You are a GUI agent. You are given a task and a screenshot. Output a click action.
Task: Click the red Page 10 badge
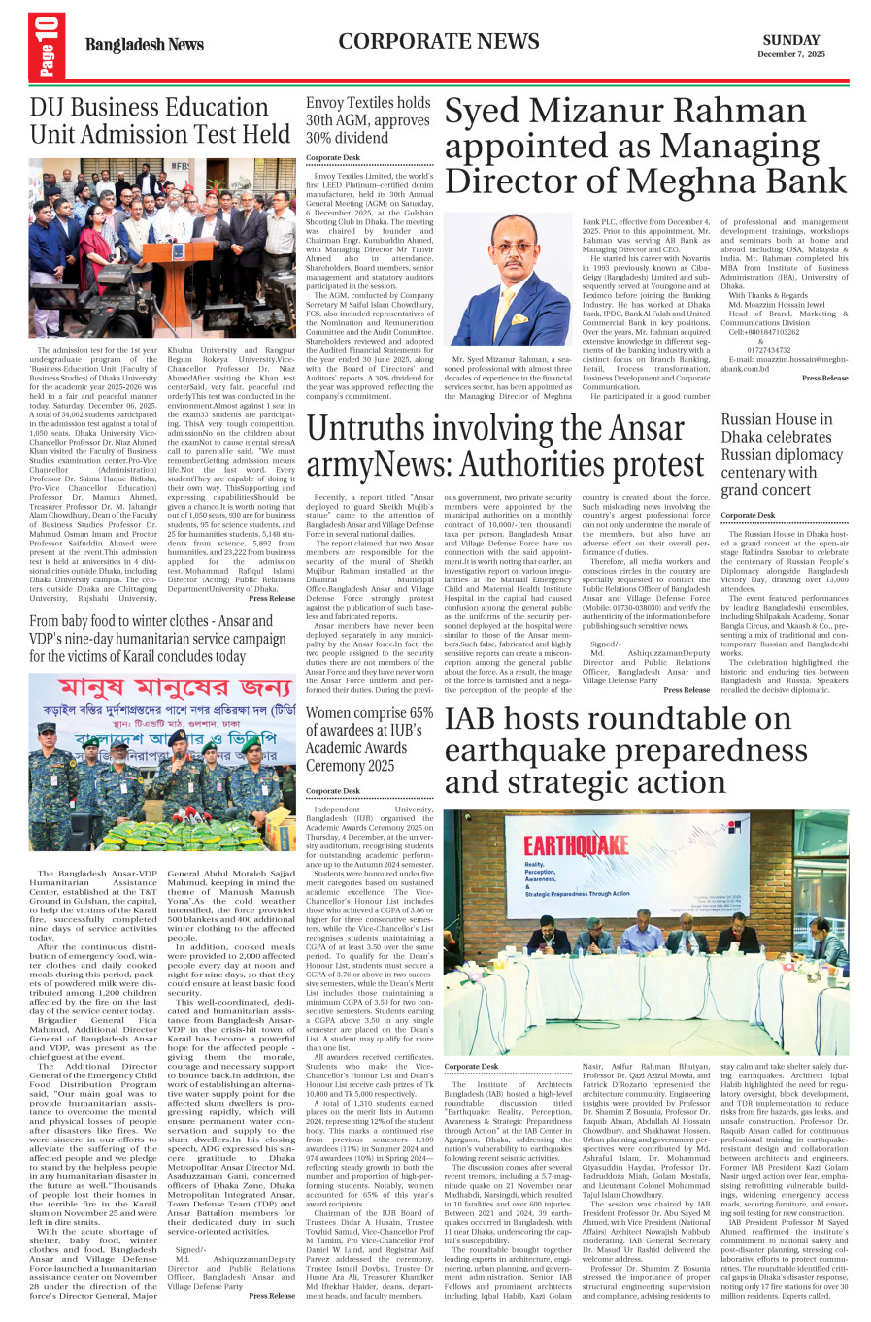coord(46,46)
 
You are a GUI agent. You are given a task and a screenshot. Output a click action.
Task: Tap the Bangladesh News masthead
coord(144,45)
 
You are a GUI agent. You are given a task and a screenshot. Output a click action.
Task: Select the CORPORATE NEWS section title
coord(438,41)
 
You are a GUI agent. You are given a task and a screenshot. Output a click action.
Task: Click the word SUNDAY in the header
coord(790,40)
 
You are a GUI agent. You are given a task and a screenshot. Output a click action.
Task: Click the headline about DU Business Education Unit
coord(160,120)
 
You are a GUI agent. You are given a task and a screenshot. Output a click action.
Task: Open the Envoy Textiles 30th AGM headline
coord(368,119)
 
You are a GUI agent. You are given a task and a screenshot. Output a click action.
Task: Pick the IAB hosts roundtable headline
coord(625,751)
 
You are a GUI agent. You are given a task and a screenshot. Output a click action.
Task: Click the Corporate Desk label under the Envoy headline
coord(332,157)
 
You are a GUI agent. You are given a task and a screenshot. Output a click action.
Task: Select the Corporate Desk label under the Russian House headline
coord(748,515)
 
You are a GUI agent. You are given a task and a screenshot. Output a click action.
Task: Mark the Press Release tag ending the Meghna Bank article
coord(824,378)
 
